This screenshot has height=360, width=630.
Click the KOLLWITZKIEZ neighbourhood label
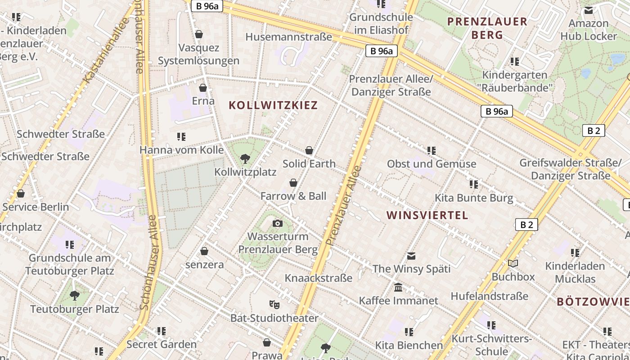(273, 105)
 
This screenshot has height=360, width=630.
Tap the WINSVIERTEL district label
(427, 215)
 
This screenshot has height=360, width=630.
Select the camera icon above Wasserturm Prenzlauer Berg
(278, 223)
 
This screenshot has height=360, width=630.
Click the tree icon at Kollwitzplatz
(245, 158)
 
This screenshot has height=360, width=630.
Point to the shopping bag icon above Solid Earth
(309, 150)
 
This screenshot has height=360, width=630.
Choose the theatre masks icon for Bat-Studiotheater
(274, 305)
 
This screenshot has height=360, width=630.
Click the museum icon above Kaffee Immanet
(398, 287)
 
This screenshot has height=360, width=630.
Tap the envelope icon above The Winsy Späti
(411, 256)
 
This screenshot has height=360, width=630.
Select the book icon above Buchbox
(513, 263)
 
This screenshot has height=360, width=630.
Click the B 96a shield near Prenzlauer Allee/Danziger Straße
(381, 51)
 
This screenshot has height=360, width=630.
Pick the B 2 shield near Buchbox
(526, 224)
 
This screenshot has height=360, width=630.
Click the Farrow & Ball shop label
(293, 196)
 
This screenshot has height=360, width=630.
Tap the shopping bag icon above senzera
(204, 251)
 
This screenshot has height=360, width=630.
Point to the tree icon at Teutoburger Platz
(75, 296)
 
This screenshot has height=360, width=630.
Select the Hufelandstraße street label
(489, 296)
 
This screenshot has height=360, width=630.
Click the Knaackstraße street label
(318, 278)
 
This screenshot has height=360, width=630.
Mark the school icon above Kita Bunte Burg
(473, 184)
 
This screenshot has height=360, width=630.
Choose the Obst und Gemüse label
(431, 164)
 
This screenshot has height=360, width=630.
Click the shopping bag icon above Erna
(203, 88)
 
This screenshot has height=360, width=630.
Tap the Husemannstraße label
(288, 37)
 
